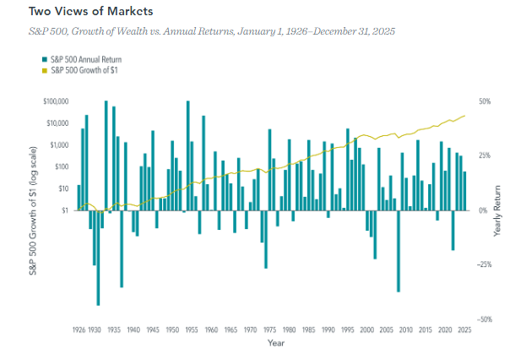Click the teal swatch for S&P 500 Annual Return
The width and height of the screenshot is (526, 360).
(43, 58)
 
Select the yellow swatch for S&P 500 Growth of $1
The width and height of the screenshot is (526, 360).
(43, 68)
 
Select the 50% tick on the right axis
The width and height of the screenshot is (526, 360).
(484, 101)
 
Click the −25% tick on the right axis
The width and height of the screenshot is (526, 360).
(484, 265)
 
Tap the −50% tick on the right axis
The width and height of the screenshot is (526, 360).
(484, 319)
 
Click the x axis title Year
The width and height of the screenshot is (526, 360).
(276, 344)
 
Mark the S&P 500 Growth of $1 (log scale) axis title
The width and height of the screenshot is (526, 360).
(25, 210)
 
